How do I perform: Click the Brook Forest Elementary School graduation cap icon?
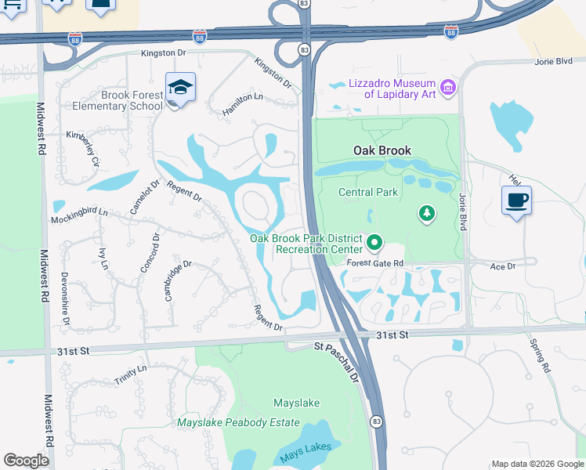180,88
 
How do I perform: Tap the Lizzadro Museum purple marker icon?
448,88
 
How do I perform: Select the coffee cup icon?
516,201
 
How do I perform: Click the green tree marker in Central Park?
427,213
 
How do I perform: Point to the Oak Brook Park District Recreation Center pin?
374,244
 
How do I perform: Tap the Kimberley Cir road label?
84,148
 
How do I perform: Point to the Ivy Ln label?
103,258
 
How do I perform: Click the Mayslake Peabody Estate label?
238,422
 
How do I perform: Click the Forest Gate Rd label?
374,263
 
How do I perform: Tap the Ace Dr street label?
502,266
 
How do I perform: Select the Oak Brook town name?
382,150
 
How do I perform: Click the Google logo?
26,461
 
